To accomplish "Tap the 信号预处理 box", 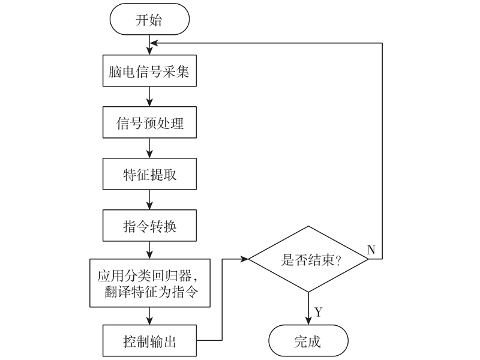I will pyautogui.click(x=149, y=124).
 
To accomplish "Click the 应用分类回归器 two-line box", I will pyautogui.click(x=149, y=283).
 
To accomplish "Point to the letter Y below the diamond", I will pyautogui.click(x=319, y=312).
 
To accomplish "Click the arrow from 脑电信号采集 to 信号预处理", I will pyautogui.click(x=149, y=98).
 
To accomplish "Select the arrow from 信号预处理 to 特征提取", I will pyautogui.click(x=149, y=149).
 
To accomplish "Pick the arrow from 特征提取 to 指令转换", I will pyautogui.click(x=149, y=200).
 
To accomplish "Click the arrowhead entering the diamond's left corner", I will pyautogui.click(x=245, y=259).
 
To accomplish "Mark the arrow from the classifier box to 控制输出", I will pyautogui.click(x=149, y=317).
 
